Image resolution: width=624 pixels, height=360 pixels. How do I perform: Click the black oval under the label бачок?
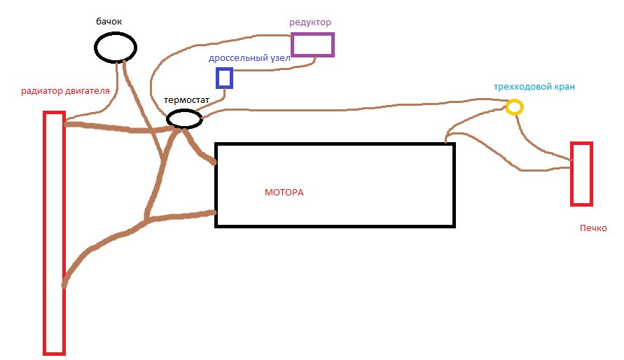click(116, 34)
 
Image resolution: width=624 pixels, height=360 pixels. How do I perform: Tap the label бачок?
click(109, 22)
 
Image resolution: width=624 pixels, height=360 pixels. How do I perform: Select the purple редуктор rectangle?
click(313, 34)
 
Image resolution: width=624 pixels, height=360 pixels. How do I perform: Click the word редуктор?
click(310, 22)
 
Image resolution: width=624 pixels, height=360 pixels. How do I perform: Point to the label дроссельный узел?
click(249, 58)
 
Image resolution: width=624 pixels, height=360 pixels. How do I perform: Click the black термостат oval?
click(184, 111)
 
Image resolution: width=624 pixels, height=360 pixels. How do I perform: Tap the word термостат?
click(186, 100)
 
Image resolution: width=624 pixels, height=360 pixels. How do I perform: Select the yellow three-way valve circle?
click(514, 100)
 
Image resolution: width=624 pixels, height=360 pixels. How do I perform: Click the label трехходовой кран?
click(534, 87)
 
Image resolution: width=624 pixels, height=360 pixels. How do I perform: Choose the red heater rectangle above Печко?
click(572, 174)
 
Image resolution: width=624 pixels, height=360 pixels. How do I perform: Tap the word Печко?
click(593, 228)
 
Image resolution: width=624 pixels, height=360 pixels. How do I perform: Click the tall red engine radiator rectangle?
click(45, 233)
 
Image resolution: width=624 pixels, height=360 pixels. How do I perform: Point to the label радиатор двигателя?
click(65, 91)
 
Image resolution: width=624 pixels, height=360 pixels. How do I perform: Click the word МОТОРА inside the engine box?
click(284, 193)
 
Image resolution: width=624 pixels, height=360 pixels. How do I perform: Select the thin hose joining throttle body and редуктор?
click(275, 70)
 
